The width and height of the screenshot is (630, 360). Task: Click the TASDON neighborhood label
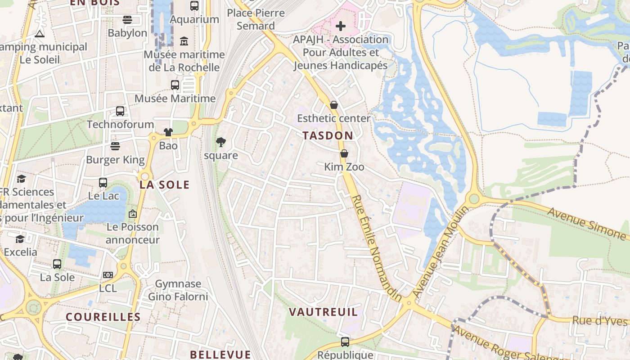pos(328,135)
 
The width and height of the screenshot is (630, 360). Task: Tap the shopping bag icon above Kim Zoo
pos(344,153)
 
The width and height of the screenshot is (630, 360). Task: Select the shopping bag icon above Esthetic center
pos(334,105)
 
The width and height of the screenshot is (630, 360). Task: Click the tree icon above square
pos(221,142)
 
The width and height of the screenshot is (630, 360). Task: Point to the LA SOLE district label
pos(164,184)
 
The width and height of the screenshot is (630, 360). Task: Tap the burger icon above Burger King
pos(115,146)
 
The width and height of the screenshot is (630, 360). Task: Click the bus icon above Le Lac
pos(103,182)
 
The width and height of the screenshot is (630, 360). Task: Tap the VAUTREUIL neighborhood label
pos(323,312)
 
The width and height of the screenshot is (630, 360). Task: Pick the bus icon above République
pos(345,342)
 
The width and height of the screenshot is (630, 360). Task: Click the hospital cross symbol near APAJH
pos(341,26)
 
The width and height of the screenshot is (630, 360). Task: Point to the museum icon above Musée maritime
pos(184,41)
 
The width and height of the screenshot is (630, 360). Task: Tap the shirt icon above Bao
pos(168,132)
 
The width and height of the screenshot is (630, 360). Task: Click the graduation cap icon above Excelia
pos(20,238)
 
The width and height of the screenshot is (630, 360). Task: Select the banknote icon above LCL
pos(108,274)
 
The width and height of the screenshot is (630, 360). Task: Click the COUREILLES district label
pos(103,317)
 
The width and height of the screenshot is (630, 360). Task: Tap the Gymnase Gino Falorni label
pos(178,290)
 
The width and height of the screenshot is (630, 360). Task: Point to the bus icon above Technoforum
pos(120,111)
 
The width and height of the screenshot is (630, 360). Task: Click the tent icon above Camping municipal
pos(40,34)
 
